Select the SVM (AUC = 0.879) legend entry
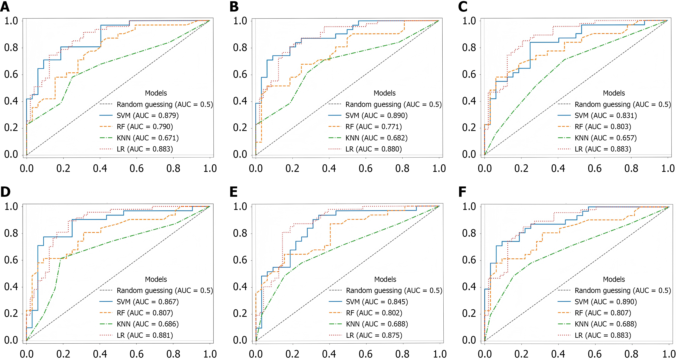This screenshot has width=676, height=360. [147, 116]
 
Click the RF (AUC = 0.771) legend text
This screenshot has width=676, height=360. [373, 127]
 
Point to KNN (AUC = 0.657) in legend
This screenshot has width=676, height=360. [606, 138]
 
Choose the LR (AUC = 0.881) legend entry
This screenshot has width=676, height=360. [145, 335]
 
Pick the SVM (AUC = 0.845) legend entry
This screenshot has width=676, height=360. [377, 302]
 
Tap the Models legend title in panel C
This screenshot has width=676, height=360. [614, 93]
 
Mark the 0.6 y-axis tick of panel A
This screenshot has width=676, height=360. [11, 74]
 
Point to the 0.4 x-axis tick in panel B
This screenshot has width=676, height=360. [329, 168]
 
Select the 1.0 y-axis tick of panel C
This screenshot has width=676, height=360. [469, 21]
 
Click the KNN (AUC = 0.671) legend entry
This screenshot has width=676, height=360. [147, 138]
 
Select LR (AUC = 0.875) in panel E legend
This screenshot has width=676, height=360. [374, 335]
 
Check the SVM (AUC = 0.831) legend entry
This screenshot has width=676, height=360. [606, 116]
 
